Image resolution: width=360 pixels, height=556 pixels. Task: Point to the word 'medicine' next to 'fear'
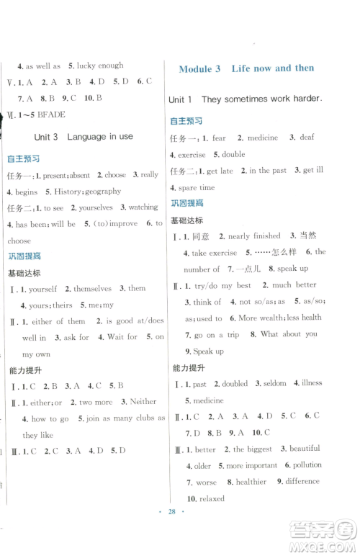tap(262, 138)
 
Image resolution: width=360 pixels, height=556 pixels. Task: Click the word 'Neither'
tap(143, 401)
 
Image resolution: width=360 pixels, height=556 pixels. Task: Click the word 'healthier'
tap(251, 482)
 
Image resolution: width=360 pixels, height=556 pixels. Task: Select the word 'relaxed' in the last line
tap(208, 498)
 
